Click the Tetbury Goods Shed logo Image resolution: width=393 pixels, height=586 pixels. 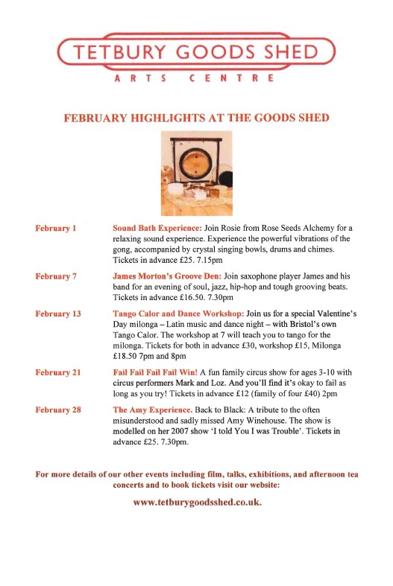(x=196, y=52)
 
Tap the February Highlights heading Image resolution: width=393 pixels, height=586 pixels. (x=196, y=118)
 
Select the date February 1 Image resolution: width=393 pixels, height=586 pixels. (x=57, y=228)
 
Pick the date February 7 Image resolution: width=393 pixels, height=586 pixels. (x=57, y=276)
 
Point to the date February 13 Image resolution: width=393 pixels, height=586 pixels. (x=59, y=313)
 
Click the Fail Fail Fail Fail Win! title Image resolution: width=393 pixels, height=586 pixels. (x=154, y=372)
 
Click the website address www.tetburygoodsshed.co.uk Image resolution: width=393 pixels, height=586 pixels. (x=197, y=502)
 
